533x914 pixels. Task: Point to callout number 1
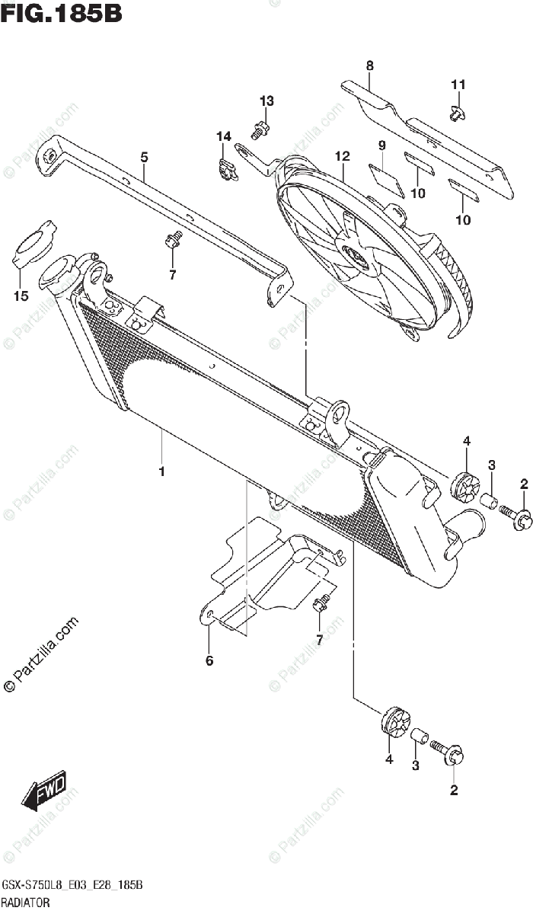(x=161, y=472)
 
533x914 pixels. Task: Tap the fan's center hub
(x=356, y=257)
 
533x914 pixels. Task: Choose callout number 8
(x=369, y=66)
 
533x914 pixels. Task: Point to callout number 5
(x=144, y=158)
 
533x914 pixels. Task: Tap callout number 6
(x=209, y=660)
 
